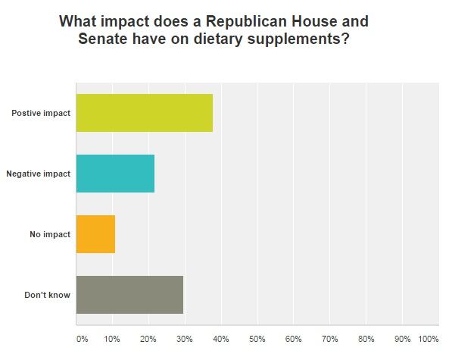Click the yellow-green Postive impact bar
144,113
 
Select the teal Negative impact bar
115,174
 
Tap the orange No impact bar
95,234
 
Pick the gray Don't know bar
129,294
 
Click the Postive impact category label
41,113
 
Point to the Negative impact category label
38,174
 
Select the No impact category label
50,234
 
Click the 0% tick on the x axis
82,338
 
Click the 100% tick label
428,338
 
